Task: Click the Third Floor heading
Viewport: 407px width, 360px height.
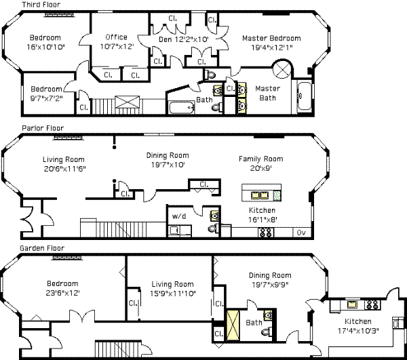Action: coord(41,5)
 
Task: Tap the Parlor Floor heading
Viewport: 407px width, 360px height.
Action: coord(43,128)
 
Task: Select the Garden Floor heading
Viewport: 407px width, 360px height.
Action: coord(42,248)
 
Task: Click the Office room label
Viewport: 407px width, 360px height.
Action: coord(116,37)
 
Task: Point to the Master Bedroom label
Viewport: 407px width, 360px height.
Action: coord(271,39)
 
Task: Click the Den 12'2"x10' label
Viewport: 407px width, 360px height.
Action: coord(184,39)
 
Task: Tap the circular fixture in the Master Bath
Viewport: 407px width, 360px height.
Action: coord(282,68)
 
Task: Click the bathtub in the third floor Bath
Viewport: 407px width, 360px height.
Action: coord(182,108)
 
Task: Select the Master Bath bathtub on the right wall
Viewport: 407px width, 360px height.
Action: coord(304,96)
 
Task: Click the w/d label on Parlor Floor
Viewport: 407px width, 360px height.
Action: coord(179,216)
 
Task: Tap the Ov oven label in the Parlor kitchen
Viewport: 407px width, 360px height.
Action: coord(301,233)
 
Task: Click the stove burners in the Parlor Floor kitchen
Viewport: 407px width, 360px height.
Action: coord(265,233)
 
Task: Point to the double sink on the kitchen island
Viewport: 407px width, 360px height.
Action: coord(260,195)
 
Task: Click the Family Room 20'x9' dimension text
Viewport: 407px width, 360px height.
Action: coord(261,169)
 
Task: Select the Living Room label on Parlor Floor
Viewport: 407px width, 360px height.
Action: coord(64,159)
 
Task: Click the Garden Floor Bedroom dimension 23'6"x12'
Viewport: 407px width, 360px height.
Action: coord(62,293)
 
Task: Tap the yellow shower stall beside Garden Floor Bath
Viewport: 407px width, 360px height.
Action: coord(233,325)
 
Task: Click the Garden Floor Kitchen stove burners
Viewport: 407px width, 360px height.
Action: coord(372,304)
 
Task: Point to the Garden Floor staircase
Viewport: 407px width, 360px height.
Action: coord(117,349)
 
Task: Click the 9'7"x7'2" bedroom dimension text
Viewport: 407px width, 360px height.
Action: coord(46,98)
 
